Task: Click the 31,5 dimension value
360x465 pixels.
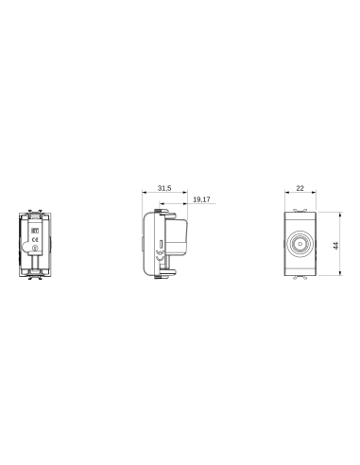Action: coord(163,189)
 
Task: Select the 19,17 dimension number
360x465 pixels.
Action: coord(200,201)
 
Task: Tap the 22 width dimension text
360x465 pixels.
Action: coord(300,189)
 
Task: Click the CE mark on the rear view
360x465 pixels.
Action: coord(35,240)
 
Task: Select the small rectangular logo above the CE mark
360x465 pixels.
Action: coord(35,228)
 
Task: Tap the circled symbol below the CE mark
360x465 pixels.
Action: coord(35,250)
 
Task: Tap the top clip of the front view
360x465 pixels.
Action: coord(300,208)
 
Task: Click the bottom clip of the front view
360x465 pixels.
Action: coord(300,279)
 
